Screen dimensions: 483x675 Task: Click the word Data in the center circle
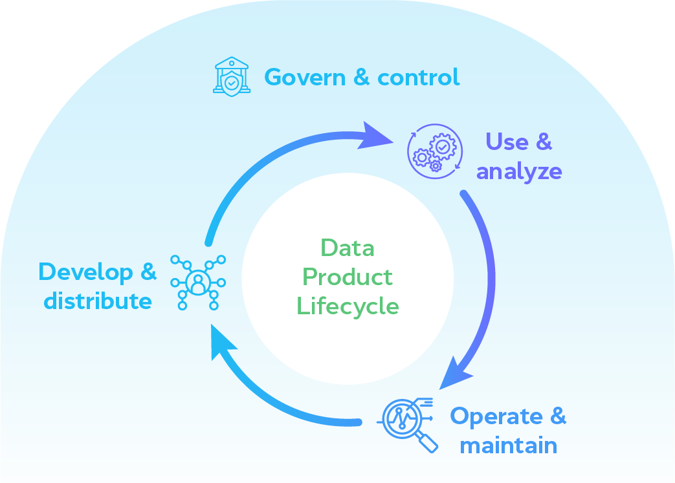click(348, 248)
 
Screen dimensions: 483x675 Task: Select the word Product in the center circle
click(348, 277)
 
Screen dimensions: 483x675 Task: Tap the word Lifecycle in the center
click(348, 306)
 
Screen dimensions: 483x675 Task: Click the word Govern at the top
click(305, 78)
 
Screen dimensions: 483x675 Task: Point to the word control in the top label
click(419, 78)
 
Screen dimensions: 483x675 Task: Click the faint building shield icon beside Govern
click(231, 77)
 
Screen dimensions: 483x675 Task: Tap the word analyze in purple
click(519, 171)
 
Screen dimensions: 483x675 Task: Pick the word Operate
click(496, 416)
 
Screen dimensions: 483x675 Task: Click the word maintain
click(508, 445)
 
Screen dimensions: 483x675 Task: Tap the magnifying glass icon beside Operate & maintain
click(408, 423)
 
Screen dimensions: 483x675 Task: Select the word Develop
click(85, 272)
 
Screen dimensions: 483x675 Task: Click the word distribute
click(98, 301)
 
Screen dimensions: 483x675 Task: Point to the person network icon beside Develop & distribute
click(198, 281)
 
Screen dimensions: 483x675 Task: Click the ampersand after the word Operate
click(557, 416)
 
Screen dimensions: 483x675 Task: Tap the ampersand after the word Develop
click(148, 272)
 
